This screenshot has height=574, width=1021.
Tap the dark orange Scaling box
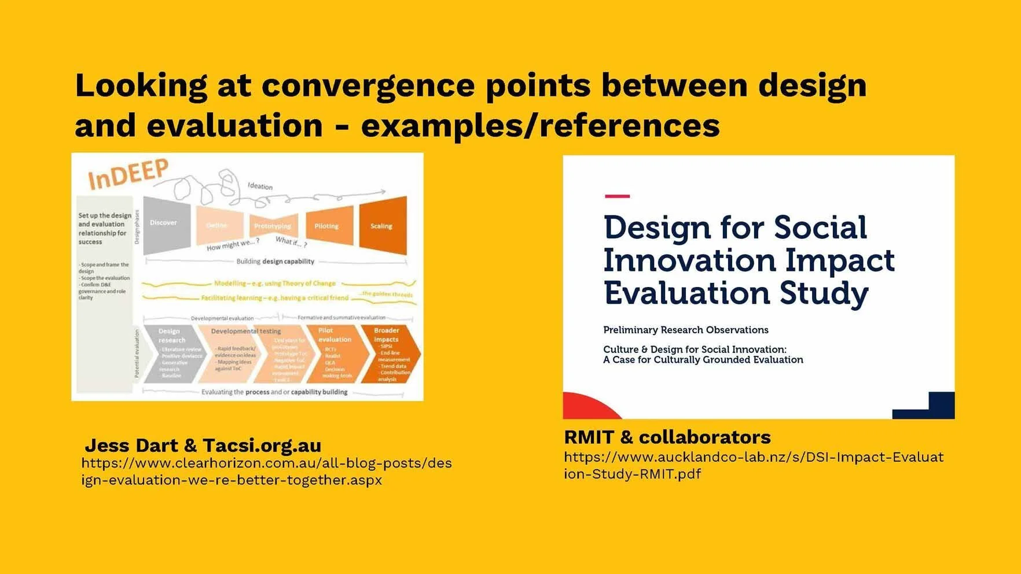pos(383,225)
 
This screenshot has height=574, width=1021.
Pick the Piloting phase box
pos(329,225)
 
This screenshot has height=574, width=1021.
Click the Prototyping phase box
pos(273,226)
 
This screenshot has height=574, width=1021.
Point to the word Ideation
pos(260,186)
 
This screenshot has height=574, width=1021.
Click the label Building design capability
pos(276,262)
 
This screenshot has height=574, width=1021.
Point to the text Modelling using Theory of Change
pos(275,284)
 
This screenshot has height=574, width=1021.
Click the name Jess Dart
pos(131,446)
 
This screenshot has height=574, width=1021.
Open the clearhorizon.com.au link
pos(266,471)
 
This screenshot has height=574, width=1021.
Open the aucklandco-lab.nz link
pos(753,465)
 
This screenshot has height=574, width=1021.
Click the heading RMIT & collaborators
pos(667,437)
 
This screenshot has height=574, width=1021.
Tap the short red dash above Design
pos(617,196)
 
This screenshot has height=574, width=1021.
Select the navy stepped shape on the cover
pos(932,407)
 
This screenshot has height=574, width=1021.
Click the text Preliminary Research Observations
pos(685,330)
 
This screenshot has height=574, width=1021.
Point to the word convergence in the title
pos(368,85)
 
